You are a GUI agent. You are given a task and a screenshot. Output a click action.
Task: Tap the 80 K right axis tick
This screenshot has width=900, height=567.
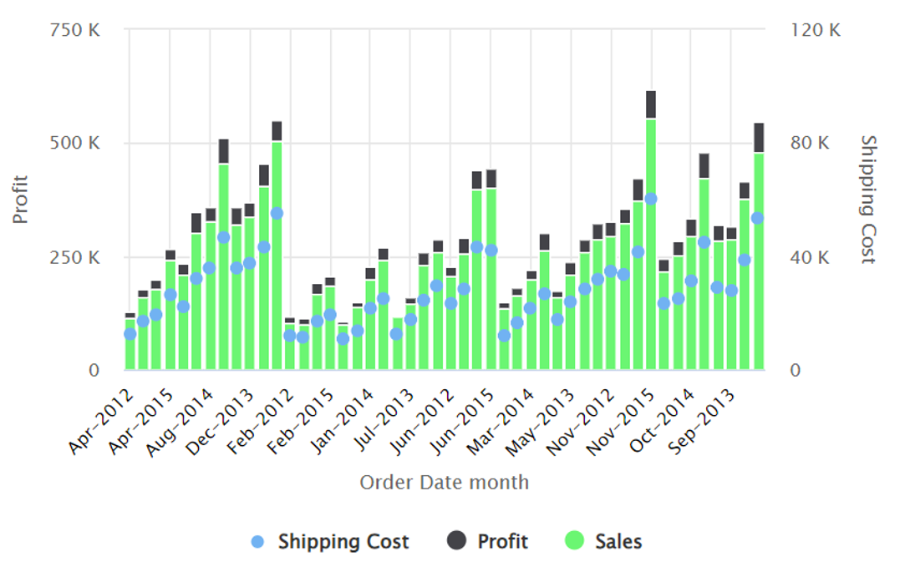point(811,143)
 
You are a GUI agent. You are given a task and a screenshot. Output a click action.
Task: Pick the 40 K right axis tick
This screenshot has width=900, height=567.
point(811,256)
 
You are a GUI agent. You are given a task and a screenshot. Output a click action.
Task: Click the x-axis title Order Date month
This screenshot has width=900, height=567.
point(444,482)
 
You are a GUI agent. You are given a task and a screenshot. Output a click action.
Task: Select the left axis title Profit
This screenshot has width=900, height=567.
point(21,199)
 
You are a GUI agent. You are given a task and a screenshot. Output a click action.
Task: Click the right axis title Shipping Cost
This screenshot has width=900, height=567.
point(868,199)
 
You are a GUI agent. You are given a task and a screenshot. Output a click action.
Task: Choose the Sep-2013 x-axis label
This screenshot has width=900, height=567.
point(705,420)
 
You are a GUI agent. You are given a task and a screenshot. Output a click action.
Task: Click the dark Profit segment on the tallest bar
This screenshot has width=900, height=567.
point(651,104)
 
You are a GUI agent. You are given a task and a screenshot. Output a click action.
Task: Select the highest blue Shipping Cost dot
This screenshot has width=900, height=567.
point(651,199)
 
